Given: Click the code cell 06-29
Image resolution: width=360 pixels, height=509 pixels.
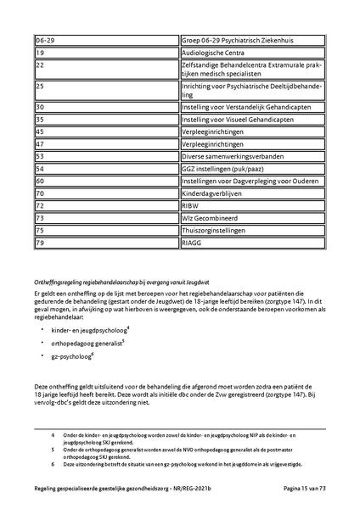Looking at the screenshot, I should (106, 41).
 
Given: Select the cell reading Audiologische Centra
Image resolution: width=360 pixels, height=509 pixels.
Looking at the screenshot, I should (252, 53).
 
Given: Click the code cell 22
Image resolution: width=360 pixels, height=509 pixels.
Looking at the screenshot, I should (106, 69).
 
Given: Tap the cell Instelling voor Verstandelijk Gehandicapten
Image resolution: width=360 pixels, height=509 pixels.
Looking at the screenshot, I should (252, 108).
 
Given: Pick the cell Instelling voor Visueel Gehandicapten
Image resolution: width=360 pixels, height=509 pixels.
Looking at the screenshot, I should (252, 120).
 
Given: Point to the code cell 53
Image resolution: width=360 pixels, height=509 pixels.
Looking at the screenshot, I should (106, 156).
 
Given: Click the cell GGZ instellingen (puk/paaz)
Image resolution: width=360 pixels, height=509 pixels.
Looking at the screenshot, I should (252, 169).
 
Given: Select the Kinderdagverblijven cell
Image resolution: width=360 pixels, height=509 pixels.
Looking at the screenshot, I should (252, 193).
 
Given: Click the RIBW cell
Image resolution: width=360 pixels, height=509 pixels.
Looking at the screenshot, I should (252, 205).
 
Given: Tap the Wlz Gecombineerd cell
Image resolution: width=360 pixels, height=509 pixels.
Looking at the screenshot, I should (252, 218).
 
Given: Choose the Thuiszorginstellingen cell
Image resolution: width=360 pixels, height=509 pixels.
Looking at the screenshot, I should (252, 230).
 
